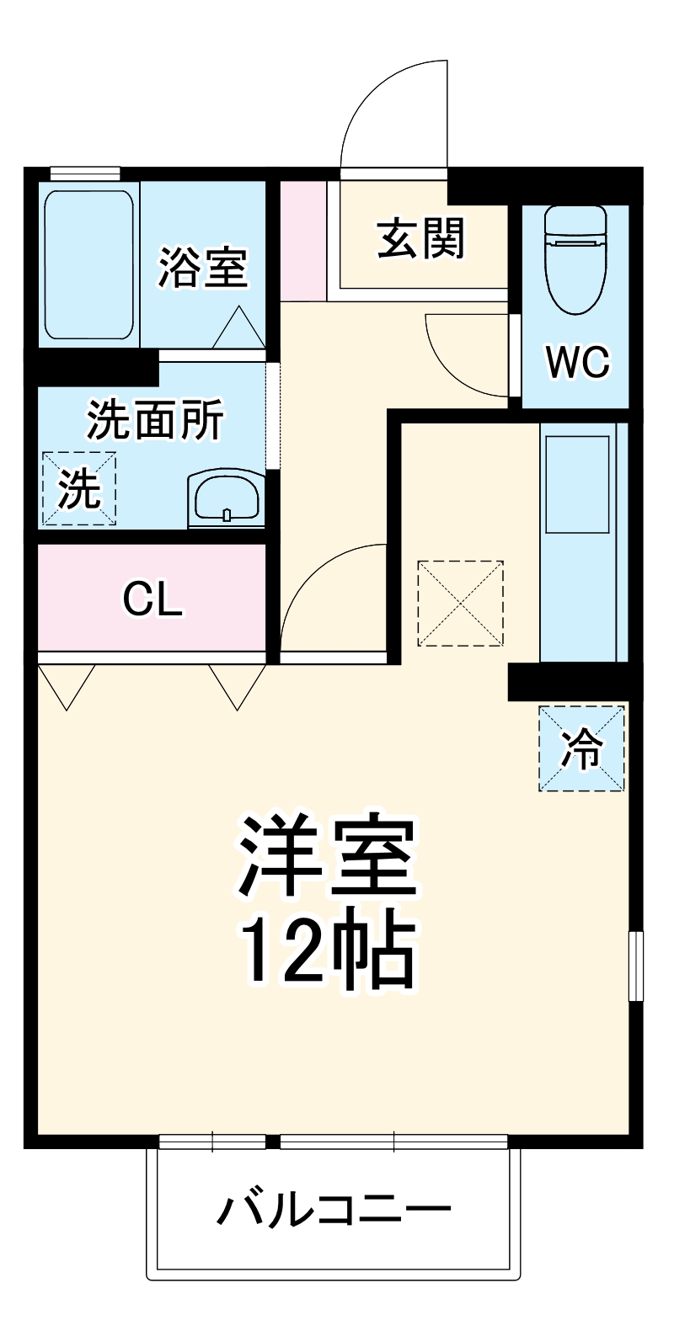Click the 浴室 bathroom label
pos(203,266)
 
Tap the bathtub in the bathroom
pos(88,264)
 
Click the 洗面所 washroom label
pos(156,418)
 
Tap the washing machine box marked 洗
pos(79,489)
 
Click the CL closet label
pos(152,599)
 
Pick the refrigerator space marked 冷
pos(582,748)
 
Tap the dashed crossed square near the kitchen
pos(460,603)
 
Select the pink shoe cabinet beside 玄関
pos(302,240)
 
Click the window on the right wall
pos(635,965)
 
